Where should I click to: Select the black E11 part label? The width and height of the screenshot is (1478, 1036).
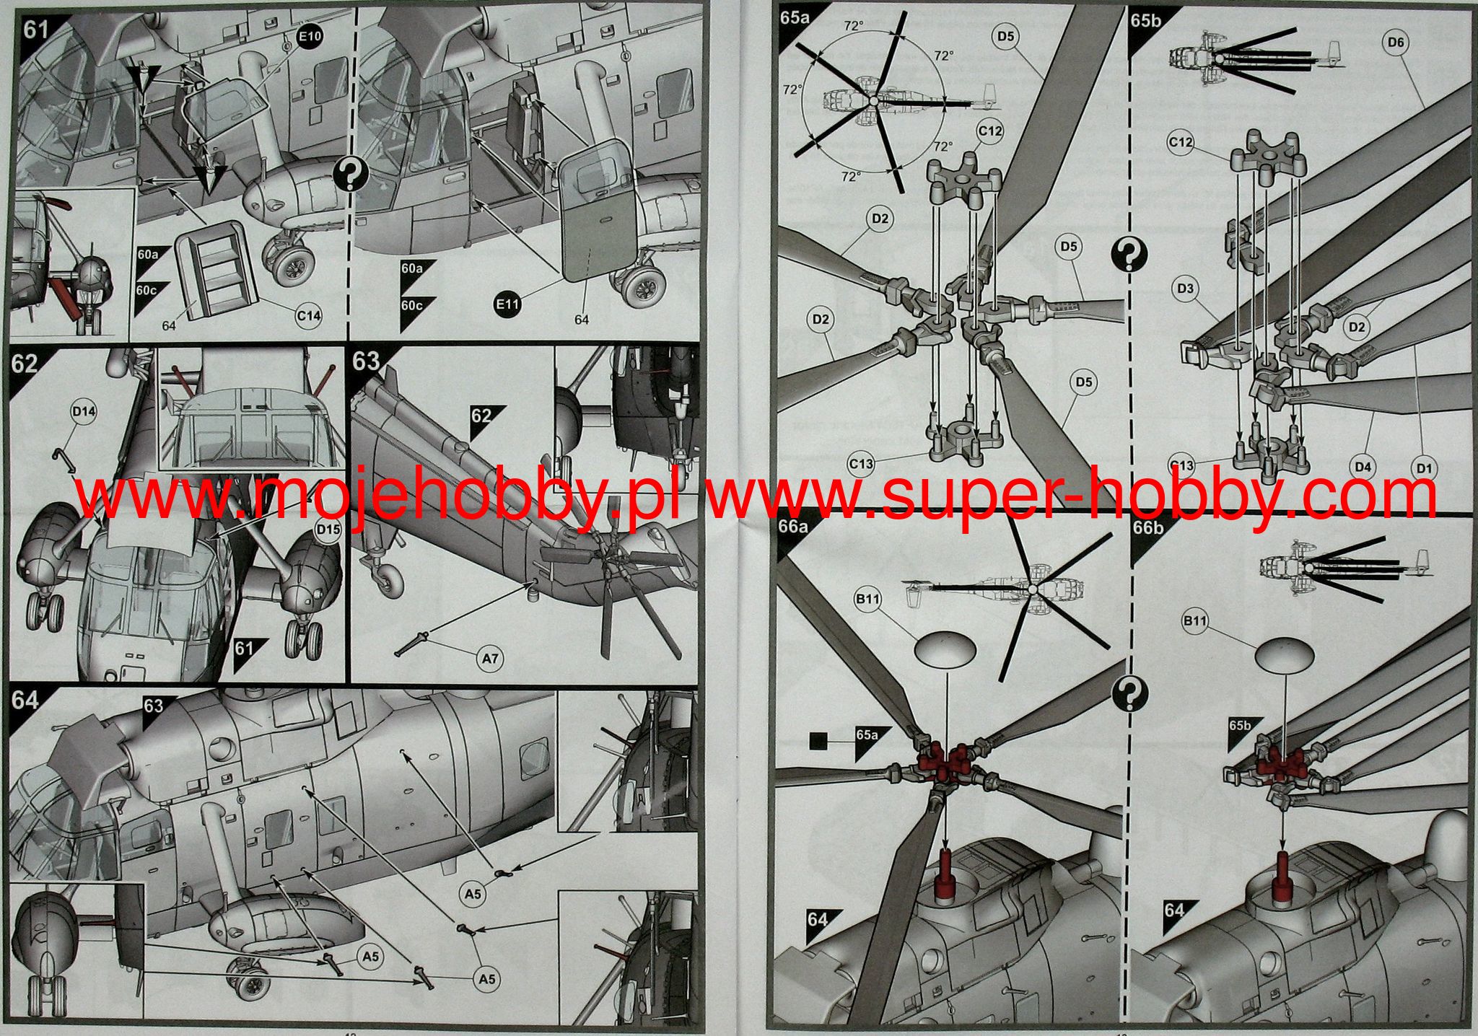[x=507, y=304]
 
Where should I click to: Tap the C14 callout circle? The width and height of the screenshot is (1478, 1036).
[x=308, y=315]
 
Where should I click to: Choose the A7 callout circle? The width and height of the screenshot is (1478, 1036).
[x=490, y=658]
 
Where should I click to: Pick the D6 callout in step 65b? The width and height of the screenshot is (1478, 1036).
[x=1396, y=43]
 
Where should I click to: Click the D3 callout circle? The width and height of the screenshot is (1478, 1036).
[x=1185, y=289]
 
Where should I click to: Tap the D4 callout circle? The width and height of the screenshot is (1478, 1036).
[x=1363, y=467]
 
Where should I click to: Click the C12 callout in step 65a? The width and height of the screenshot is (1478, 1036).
[x=990, y=131]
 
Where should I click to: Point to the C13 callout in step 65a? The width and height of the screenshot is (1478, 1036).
[x=861, y=464]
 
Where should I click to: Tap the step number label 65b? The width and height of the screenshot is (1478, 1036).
[x=1146, y=20]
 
